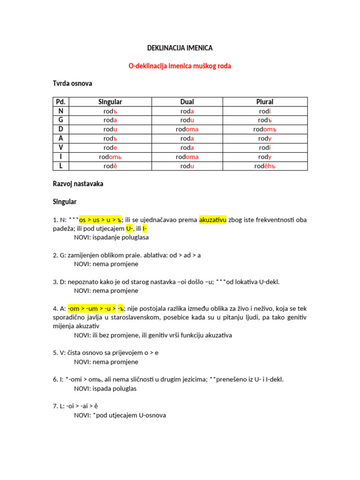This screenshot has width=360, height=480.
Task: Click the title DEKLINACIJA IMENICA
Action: click(180, 48)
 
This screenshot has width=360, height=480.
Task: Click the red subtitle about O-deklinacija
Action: click(180, 66)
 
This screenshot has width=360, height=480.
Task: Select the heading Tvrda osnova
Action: click(72, 83)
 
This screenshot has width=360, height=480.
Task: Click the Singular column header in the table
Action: click(110, 102)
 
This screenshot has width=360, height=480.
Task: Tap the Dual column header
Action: click(187, 102)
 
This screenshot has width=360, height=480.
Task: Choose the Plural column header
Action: click(265, 102)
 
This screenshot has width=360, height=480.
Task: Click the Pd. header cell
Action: click(60, 102)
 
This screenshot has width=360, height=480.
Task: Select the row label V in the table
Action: click(60, 148)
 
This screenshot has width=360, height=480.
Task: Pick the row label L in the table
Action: click(60, 166)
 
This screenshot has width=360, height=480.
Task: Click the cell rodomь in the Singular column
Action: click(110, 157)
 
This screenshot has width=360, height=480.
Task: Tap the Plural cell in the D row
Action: click(265, 129)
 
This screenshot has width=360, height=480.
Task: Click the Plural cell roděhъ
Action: click(265, 166)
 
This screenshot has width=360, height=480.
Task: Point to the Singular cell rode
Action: click(110, 148)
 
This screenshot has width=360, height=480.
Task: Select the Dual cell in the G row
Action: click(187, 120)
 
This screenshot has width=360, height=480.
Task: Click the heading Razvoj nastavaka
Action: click(78, 184)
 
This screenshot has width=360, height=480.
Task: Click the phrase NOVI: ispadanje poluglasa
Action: click(111, 237)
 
